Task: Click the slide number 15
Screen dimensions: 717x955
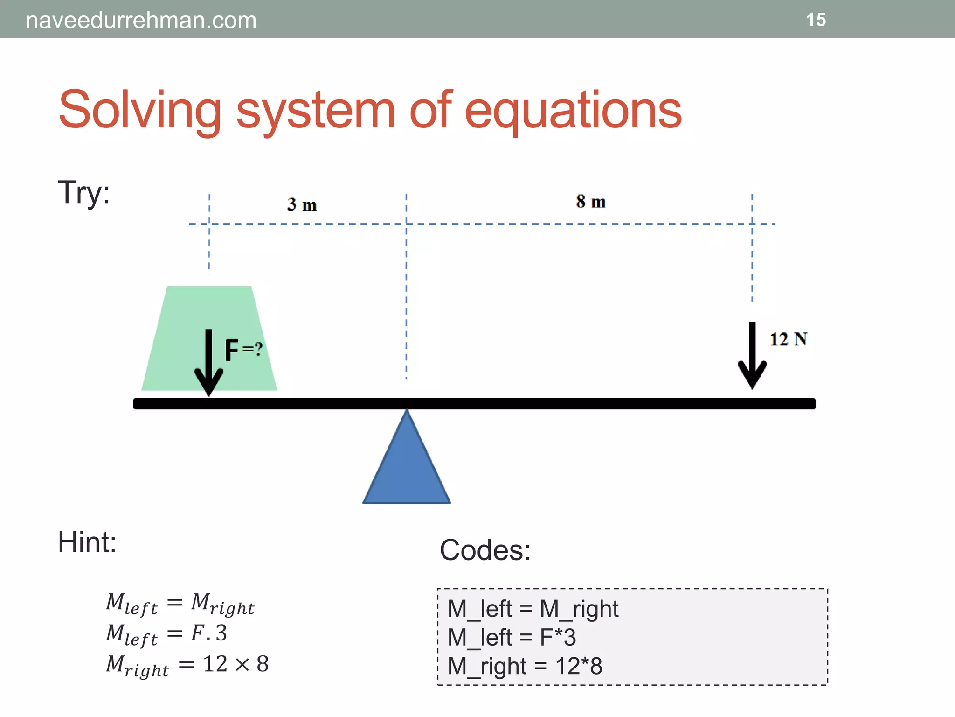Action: click(816, 20)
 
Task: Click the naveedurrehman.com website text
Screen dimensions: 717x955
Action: click(141, 21)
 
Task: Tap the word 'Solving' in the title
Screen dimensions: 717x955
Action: click(139, 110)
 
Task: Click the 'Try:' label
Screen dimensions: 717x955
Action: click(84, 192)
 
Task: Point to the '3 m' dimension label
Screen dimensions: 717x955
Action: click(302, 204)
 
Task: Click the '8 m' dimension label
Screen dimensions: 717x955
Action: click(590, 202)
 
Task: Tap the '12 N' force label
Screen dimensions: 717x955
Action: click(788, 339)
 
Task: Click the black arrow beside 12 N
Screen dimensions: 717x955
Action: click(752, 355)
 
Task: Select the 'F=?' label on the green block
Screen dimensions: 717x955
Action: click(243, 350)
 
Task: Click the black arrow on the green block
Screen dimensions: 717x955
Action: click(209, 362)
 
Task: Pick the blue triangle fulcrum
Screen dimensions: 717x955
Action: click(407, 467)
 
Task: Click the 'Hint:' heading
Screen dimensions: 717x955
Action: click(87, 542)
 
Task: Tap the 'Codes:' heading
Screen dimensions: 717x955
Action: click(485, 550)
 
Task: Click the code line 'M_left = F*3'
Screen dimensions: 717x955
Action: click(512, 637)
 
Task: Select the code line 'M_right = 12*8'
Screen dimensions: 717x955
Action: click(525, 666)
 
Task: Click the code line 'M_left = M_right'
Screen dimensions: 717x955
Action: click(533, 609)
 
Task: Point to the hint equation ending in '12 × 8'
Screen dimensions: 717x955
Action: click(187, 665)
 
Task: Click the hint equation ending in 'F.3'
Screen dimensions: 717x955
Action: click(166, 634)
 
